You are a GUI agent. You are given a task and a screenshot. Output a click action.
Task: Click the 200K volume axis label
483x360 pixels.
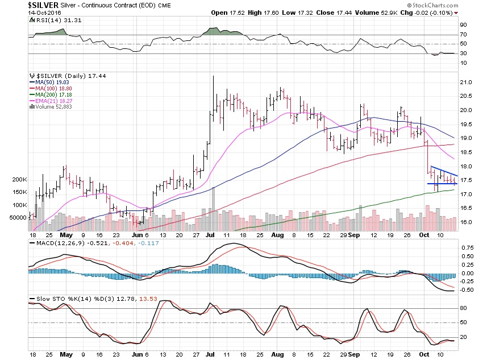(x=19, y=179)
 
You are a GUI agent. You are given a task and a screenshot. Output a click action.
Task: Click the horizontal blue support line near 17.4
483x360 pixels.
(x=442, y=184)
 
